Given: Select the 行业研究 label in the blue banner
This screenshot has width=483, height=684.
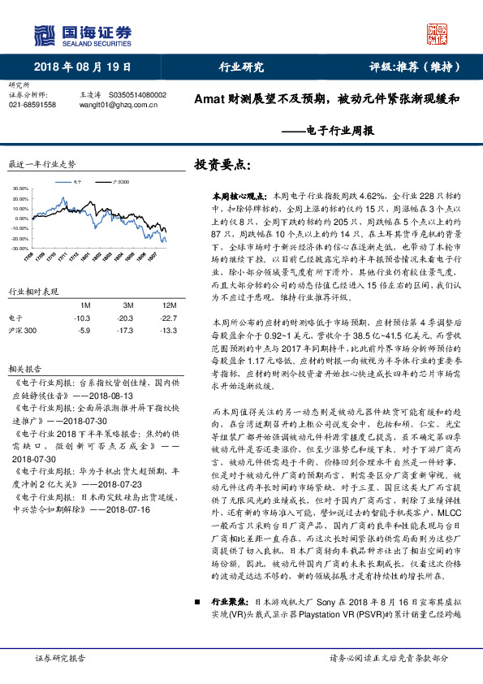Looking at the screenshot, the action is click(242, 67).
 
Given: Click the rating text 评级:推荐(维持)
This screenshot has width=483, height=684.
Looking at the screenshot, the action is click(413, 67).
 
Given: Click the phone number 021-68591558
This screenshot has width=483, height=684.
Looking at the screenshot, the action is click(32, 105).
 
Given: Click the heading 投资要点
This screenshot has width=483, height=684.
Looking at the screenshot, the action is click(218, 164).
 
